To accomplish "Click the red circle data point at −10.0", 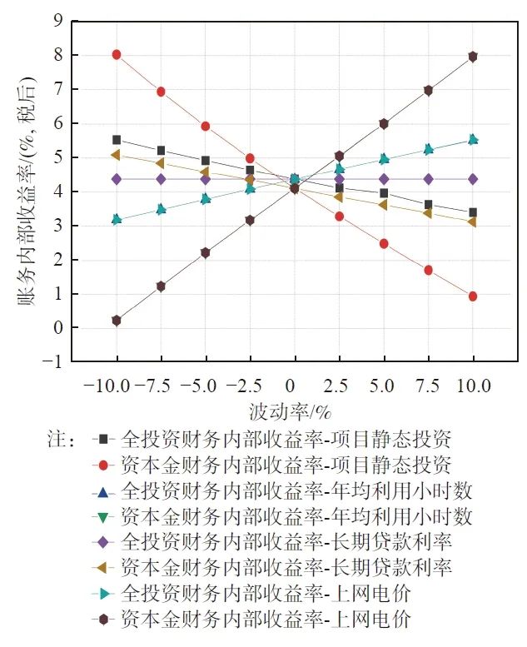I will click(117, 55).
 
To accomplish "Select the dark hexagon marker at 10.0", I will click(473, 57).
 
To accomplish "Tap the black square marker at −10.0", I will click(117, 140).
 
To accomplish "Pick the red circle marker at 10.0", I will click(473, 296).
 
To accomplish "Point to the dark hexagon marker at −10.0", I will click(117, 321).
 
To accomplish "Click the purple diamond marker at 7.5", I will click(428, 179).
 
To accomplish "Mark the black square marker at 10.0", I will click(473, 212).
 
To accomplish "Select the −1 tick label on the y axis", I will click(53, 362).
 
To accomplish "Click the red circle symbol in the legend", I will click(103, 463).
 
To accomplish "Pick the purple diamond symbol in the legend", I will click(103, 541).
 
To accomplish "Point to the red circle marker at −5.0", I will click(206, 127).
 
